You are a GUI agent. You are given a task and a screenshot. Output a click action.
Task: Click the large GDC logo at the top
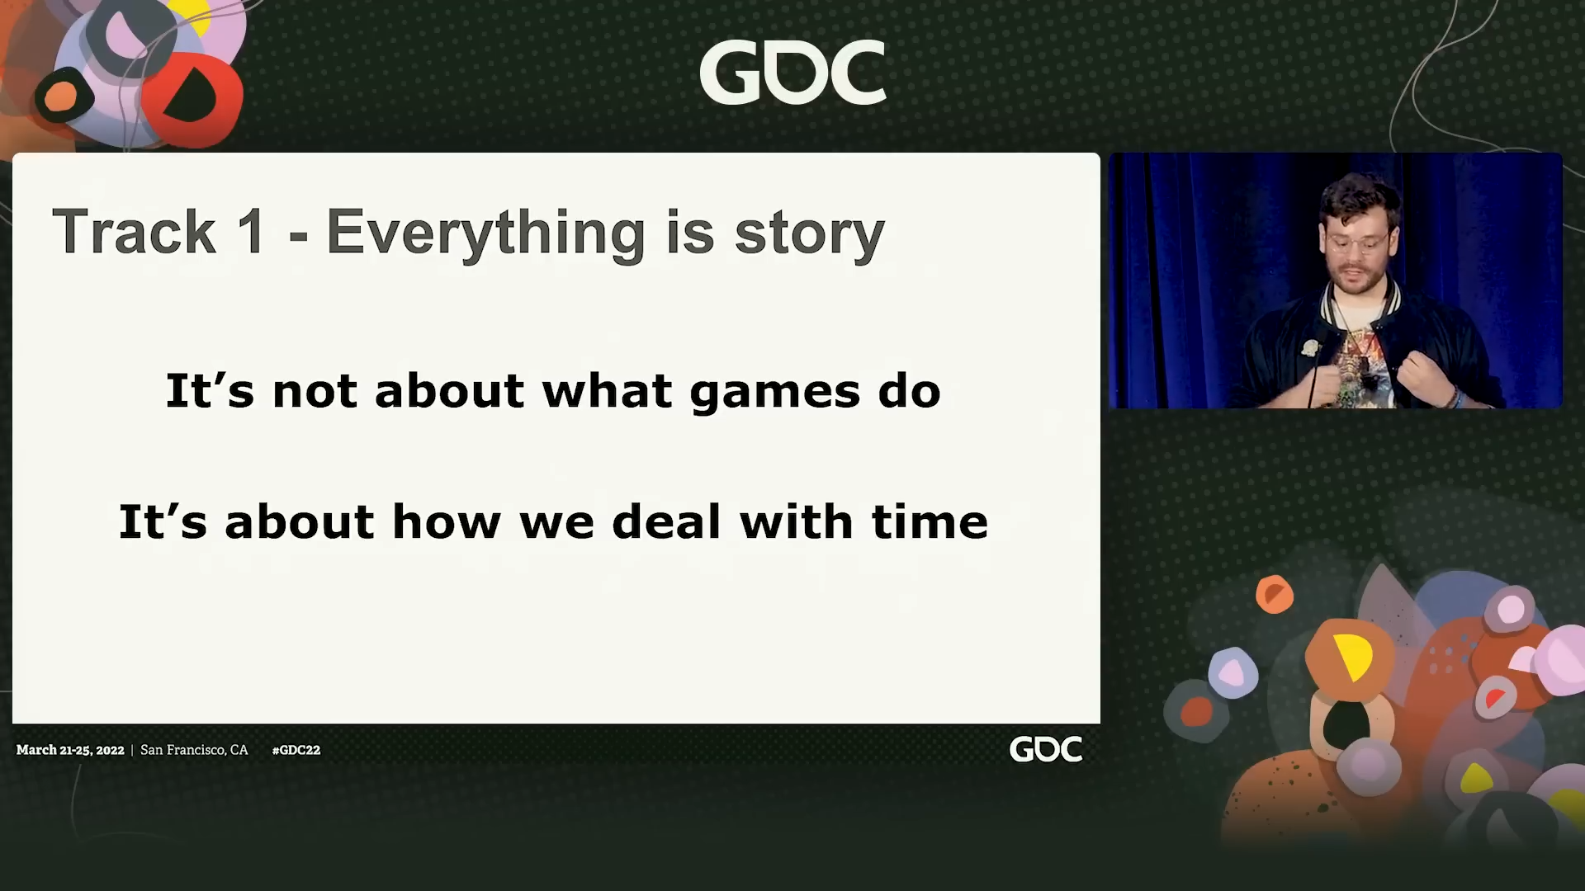coord(792,73)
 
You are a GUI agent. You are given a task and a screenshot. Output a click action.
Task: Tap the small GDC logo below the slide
coord(1046,749)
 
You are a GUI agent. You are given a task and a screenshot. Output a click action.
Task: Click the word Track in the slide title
coord(134,232)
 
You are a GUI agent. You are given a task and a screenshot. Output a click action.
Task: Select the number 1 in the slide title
coord(252,232)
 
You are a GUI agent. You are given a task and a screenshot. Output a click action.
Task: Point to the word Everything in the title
coord(485,234)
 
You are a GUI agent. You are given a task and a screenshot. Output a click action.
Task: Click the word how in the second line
coord(446,521)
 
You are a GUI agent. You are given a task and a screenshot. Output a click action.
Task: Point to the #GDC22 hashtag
coord(296,750)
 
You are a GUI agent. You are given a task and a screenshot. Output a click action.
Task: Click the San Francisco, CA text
coord(194,750)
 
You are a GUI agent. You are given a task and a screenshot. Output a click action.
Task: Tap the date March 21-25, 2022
coord(70,750)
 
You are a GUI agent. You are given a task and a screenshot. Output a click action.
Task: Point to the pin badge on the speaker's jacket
coord(1310,347)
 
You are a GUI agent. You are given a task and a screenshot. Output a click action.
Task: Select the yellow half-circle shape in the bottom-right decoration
coord(1351,657)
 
